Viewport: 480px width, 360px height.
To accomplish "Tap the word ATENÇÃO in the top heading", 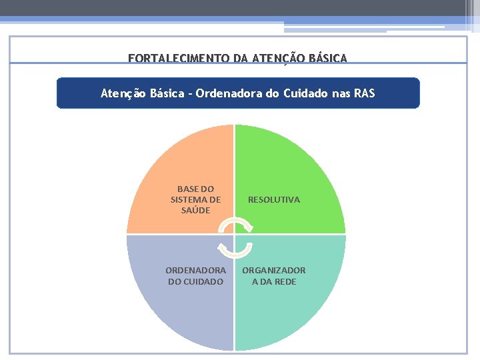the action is (275, 59).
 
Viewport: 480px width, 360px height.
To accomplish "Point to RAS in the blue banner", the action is (364, 93).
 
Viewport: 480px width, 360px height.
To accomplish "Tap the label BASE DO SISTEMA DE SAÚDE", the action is (195, 199).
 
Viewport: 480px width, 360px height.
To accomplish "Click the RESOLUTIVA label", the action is (274, 199).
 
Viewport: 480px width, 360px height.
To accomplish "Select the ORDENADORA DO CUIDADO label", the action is (195, 276).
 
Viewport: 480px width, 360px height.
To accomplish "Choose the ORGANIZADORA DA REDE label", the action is (274, 276).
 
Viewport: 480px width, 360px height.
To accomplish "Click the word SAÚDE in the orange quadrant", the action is (195, 211).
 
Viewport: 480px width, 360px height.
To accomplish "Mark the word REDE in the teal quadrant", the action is (285, 282).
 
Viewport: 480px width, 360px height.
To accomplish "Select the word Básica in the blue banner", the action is (163, 93).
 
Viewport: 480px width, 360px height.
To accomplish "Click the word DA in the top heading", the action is (240, 59).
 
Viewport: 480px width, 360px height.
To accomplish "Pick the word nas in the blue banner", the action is (341, 93).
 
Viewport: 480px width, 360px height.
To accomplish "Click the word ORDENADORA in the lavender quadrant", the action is (195, 270).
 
